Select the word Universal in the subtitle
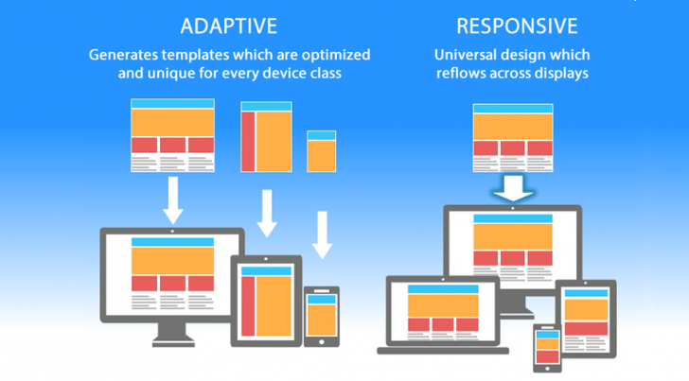click(464, 54)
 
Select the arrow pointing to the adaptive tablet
click(267, 216)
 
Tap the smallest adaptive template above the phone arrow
click(322, 150)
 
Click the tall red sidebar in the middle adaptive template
click(249, 142)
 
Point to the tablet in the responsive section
click(585, 320)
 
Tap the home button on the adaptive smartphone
click(321, 341)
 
